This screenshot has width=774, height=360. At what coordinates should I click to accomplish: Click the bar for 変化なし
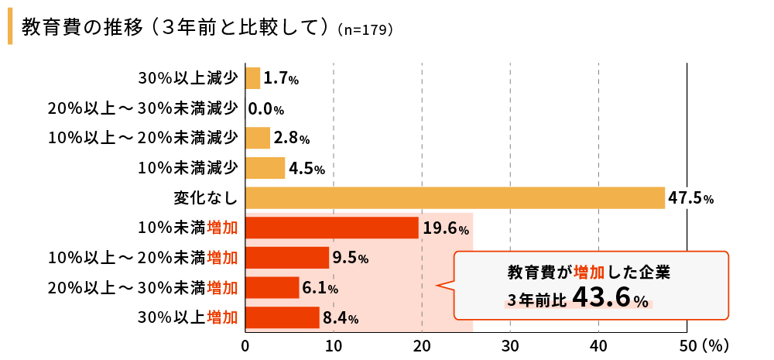(x=455, y=197)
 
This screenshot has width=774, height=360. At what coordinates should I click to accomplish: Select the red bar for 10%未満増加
(x=332, y=228)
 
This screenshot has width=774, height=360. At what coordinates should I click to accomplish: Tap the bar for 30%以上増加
(x=283, y=317)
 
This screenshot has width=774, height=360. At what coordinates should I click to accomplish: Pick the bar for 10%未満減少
(x=265, y=168)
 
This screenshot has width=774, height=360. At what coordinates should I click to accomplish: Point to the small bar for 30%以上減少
(x=253, y=78)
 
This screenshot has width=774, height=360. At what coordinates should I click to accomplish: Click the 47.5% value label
(x=690, y=198)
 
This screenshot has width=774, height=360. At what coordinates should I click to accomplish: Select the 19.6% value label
(x=446, y=228)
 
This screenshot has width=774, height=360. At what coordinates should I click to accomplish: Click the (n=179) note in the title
(x=366, y=31)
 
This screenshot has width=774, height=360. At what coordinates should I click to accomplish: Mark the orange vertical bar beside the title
(x=10, y=28)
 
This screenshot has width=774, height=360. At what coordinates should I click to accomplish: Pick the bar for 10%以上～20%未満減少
(x=258, y=138)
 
